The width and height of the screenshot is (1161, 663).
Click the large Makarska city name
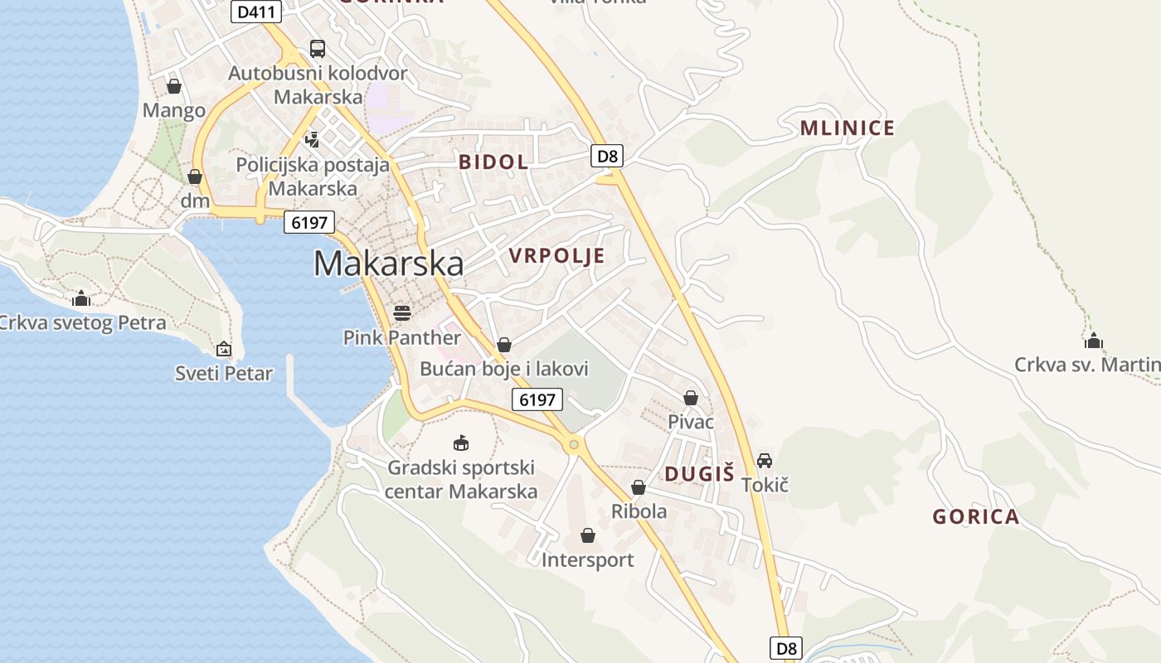coord(388,264)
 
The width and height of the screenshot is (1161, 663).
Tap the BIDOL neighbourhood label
coord(493,162)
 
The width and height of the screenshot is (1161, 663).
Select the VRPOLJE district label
coord(557,256)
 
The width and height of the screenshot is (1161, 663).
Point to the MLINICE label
coord(847,128)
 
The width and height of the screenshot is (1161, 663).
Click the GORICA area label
coord(975,517)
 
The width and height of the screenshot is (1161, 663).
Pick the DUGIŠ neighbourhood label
coord(699,474)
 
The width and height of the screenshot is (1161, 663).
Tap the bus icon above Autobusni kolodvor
coord(318,48)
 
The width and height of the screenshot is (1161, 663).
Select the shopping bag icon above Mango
coord(174,85)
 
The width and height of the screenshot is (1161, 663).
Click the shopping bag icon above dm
coord(195,176)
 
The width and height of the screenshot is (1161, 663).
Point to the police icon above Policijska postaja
coord(312,139)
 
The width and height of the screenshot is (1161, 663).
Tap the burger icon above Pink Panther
coord(402,312)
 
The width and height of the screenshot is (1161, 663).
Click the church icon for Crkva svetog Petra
coord(81,298)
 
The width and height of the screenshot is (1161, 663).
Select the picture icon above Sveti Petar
coord(223,349)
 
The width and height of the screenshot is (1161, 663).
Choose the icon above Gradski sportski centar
coord(461,443)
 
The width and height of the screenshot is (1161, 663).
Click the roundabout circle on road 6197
coord(573,445)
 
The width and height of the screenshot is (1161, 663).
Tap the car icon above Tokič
coord(765,460)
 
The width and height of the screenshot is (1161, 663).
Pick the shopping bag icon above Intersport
coord(588,535)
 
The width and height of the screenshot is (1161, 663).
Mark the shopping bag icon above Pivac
coord(691,398)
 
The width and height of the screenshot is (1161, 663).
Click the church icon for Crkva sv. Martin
coord(1094,340)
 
